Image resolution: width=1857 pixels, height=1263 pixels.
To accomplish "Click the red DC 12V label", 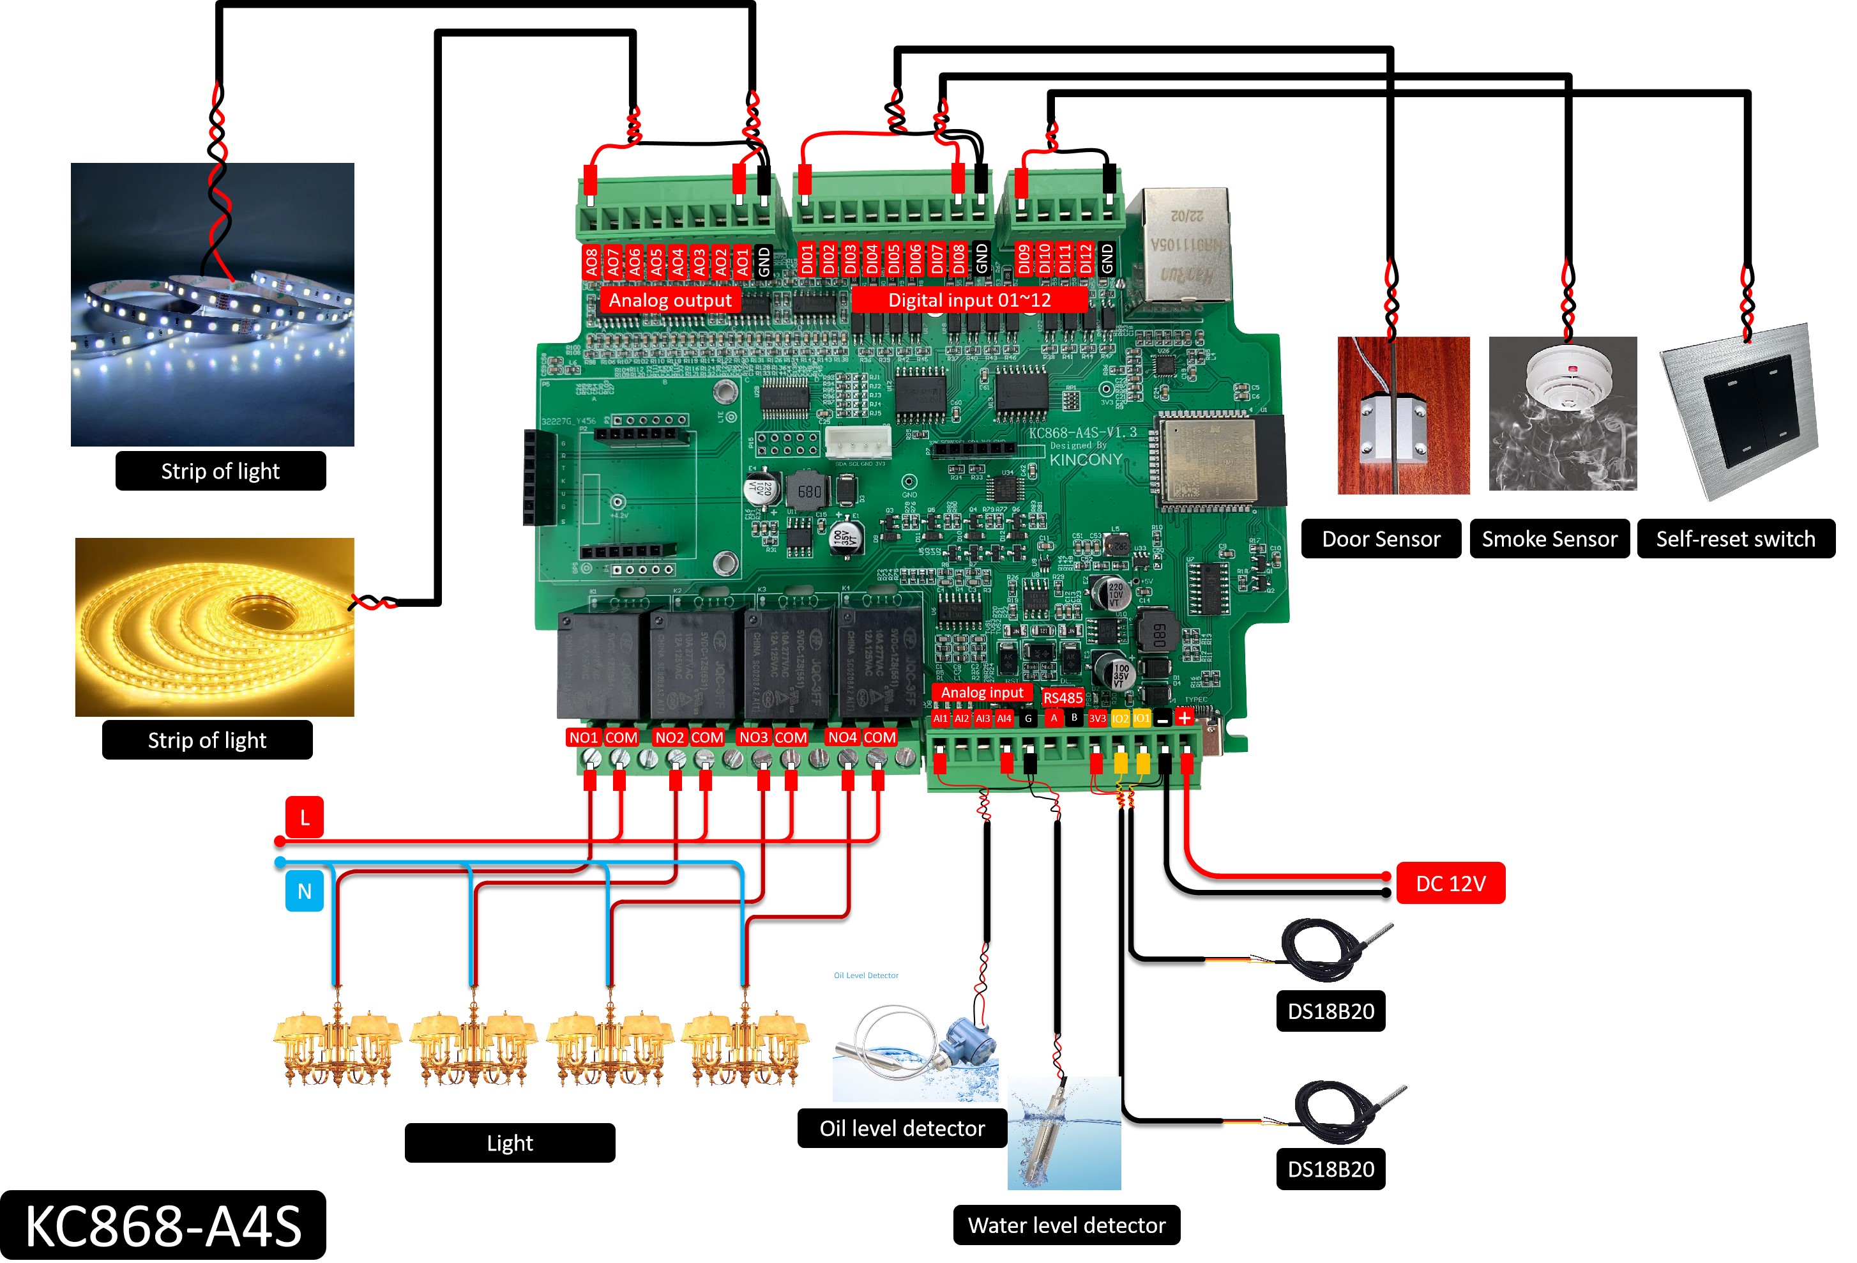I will (x=1450, y=884).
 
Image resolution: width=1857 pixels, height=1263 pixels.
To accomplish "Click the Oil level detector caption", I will (x=901, y=1128).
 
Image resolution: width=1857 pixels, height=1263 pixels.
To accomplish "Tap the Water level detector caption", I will (x=1066, y=1225).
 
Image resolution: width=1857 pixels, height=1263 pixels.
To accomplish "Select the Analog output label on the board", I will (x=670, y=300).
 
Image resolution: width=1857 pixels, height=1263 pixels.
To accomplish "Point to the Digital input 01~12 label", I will (x=969, y=300).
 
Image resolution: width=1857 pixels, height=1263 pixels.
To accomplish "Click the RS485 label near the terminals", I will (x=1062, y=698).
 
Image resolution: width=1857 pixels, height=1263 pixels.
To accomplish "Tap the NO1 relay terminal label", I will (x=582, y=737).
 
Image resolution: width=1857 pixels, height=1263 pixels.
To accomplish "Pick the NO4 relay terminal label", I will (x=842, y=737).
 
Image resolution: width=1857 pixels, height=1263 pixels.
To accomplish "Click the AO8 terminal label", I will (x=591, y=261).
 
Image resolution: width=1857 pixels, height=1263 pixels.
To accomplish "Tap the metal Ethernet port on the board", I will (x=1185, y=244).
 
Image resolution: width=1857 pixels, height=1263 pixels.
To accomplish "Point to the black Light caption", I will (x=509, y=1142).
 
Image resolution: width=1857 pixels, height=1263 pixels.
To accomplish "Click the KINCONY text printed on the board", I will (x=1085, y=459).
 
